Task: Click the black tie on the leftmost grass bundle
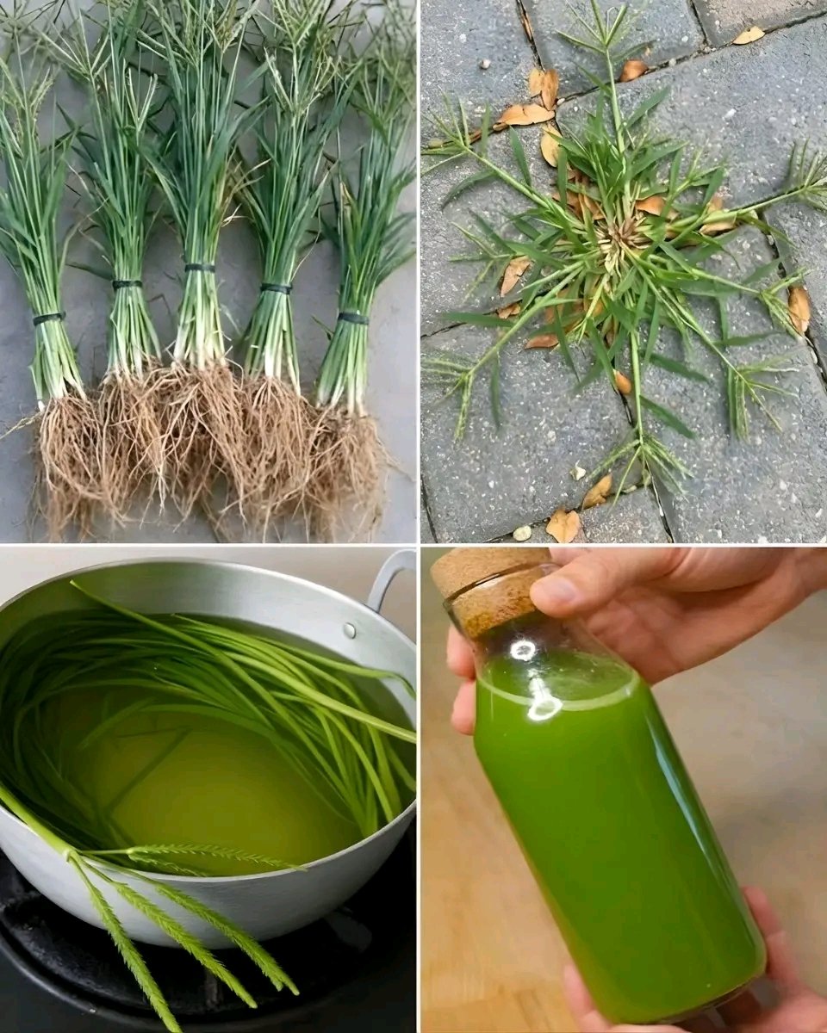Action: coord(49,319)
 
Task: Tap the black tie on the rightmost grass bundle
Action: coord(352,319)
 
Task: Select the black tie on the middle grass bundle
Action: coord(200,268)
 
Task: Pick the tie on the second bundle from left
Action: coord(127,284)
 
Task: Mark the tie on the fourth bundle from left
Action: coord(277,288)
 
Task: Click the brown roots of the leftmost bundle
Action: coord(69,456)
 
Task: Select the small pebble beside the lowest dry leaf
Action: coord(523,533)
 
